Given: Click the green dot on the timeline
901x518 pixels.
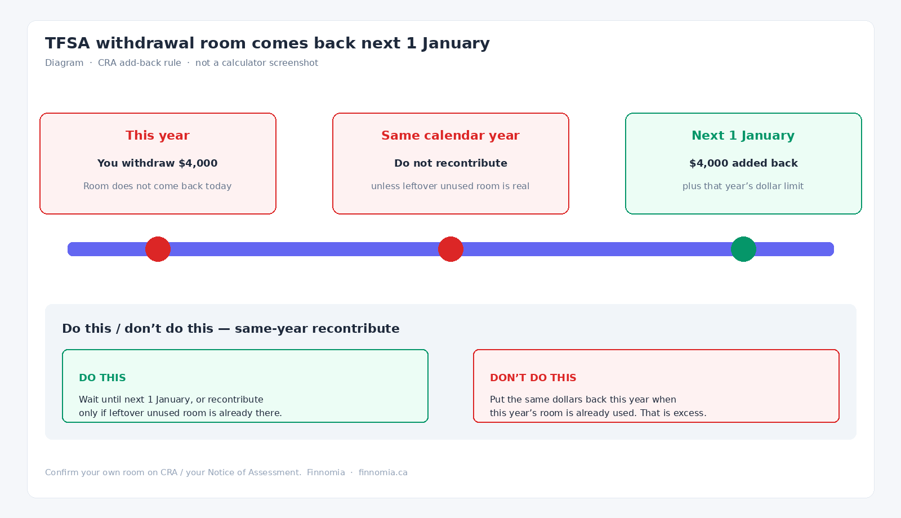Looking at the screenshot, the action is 743,249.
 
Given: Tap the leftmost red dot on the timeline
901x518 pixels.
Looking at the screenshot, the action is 158,249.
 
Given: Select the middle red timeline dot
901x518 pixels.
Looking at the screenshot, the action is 450,249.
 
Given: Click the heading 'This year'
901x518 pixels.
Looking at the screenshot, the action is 157,136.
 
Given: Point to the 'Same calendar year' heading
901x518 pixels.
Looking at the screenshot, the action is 450,136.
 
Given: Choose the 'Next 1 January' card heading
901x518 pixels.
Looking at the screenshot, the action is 743,136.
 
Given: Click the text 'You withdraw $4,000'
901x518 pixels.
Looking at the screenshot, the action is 157,163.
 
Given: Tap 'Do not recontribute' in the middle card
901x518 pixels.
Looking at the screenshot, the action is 450,163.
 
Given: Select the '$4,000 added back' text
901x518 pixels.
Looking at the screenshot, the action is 743,163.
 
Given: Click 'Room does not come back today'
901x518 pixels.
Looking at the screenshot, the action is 157,186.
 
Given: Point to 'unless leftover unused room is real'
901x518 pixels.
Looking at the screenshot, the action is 450,186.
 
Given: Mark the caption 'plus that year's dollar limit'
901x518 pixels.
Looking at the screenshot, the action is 743,186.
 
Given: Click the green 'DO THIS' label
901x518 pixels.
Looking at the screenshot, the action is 102,378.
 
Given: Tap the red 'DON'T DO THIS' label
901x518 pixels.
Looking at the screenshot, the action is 533,378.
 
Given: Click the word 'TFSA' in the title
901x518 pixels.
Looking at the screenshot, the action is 67,43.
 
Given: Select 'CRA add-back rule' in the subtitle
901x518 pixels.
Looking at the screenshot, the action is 140,63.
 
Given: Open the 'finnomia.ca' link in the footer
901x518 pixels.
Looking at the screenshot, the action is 383,472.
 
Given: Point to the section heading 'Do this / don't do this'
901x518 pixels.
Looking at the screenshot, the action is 137,329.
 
